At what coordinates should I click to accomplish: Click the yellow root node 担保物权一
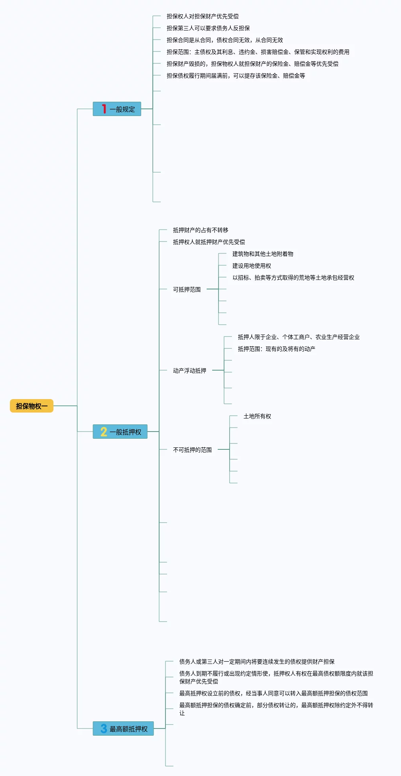pyautogui.click(x=32, y=406)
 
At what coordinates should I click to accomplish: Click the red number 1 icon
pyautogui.click(x=104, y=109)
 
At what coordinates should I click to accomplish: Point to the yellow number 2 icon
pyautogui.click(x=104, y=432)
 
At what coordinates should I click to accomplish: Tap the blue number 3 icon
pyautogui.click(x=104, y=728)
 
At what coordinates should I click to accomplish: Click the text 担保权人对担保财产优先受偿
pyautogui.click(x=202, y=16)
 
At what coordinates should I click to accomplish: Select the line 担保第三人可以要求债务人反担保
pyautogui.click(x=208, y=28)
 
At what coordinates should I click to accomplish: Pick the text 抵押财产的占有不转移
pyautogui.click(x=200, y=230)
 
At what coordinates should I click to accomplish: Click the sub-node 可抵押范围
pyautogui.click(x=186, y=289)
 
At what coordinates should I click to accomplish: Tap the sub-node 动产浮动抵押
pyautogui.click(x=189, y=371)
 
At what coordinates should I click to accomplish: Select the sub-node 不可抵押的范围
pyautogui.click(x=192, y=450)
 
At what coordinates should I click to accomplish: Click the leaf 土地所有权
pyautogui.click(x=257, y=416)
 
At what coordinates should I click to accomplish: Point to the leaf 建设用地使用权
pyautogui.click(x=251, y=266)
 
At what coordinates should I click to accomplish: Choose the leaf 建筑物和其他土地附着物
pyautogui.click(x=262, y=254)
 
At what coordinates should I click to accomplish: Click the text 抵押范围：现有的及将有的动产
pyautogui.click(x=276, y=349)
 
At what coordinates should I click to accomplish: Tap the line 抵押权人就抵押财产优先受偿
pyautogui.click(x=209, y=242)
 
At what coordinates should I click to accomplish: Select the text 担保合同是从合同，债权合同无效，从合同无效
pyautogui.click(x=224, y=40)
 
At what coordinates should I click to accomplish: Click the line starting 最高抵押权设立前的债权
pyautogui.click(x=273, y=693)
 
